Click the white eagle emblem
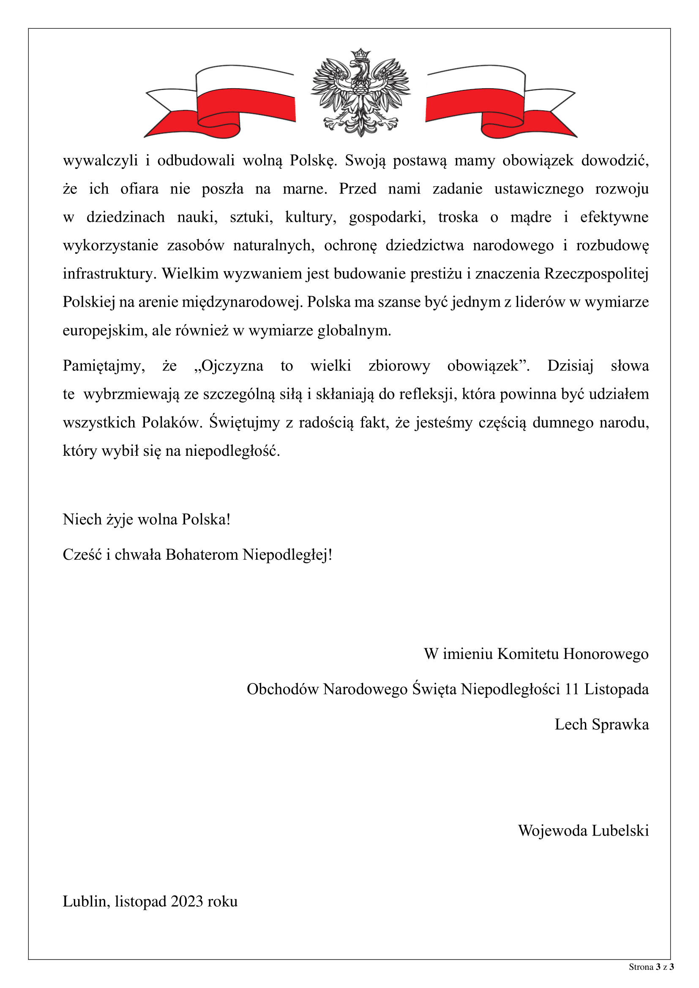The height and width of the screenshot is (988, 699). click(x=360, y=93)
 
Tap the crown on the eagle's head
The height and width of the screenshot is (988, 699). click(x=360, y=54)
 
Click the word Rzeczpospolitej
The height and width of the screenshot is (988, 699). click(x=596, y=274)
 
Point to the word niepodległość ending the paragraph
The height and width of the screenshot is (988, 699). click(x=232, y=451)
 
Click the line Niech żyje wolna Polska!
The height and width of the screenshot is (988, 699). click(x=146, y=520)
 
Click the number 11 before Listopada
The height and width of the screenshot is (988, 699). click(x=571, y=689)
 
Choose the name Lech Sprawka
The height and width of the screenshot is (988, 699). click(x=601, y=724)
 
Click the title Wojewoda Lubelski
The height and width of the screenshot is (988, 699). click(x=583, y=830)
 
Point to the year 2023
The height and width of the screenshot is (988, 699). click(x=187, y=901)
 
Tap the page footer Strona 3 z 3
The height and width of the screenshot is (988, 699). click(x=651, y=967)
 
